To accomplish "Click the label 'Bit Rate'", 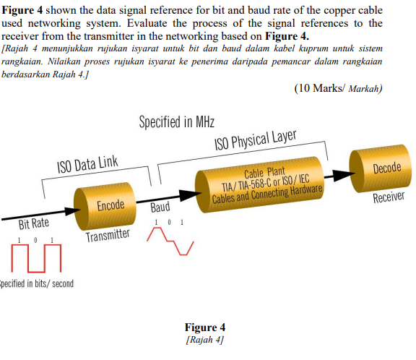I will pyautogui.click(x=34, y=223).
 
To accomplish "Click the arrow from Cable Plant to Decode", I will pyautogui.click(x=336, y=173).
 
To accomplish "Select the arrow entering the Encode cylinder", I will pyautogui.click(x=36, y=214).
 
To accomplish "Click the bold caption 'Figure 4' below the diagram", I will pyautogui.click(x=205, y=327).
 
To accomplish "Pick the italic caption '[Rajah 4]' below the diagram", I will pyautogui.click(x=205, y=339).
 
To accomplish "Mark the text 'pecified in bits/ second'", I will pyautogui.click(x=37, y=283).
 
